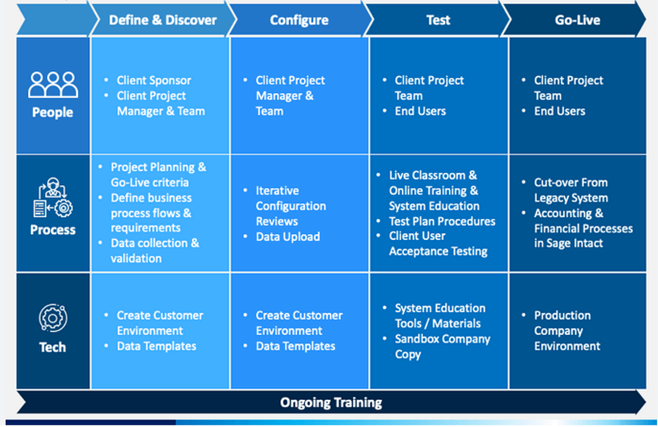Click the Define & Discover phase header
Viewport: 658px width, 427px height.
point(163,20)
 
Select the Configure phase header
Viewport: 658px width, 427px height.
point(299,20)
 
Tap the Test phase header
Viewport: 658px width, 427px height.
point(438,20)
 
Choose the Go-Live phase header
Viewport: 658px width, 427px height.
point(577,20)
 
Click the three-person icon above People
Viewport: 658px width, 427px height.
point(53,85)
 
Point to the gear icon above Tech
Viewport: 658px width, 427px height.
point(53,318)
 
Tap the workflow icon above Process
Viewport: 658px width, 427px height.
point(53,198)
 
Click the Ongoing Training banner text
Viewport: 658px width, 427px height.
point(331,403)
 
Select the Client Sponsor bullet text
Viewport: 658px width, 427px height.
point(153,81)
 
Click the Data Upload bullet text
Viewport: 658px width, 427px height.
point(288,237)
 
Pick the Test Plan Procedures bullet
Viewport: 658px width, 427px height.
point(442,221)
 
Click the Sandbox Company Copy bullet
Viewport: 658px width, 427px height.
point(442,346)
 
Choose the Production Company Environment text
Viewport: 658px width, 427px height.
point(567,330)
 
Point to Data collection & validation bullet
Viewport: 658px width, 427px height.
point(155,250)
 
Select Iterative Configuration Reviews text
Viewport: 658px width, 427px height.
point(291,206)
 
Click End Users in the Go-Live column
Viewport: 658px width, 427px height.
point(559,111)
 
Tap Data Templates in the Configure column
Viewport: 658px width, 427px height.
point(295,346)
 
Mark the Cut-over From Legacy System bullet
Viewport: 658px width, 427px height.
point(570,190)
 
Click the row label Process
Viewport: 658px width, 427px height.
point(53,230)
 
